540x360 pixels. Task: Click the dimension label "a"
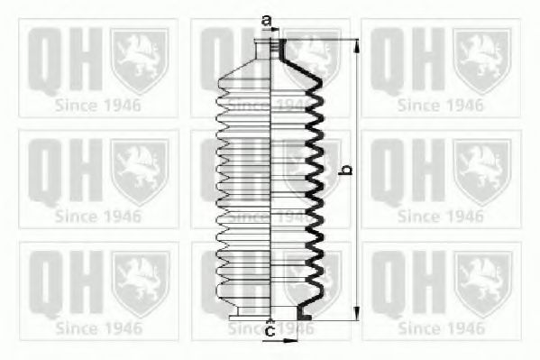(266, 19)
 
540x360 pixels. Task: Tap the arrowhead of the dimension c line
(294, 341)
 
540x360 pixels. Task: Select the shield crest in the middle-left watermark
(139, 170)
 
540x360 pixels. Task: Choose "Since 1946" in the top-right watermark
(441, 105)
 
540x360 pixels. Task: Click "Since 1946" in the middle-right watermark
(441, 217)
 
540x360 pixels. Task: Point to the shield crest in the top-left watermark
(139, 58)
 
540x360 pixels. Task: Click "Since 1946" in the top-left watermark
(98, 105)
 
